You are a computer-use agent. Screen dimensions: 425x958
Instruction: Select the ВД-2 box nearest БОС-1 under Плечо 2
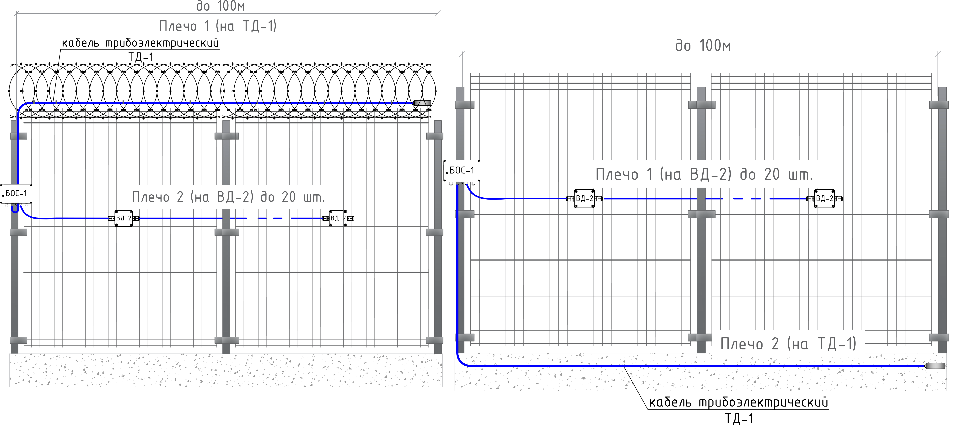coord(124,218)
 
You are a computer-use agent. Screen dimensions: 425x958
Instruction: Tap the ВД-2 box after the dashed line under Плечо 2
coord(338,218)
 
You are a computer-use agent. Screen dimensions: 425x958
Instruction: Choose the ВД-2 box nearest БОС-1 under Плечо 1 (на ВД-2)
coord(584,198)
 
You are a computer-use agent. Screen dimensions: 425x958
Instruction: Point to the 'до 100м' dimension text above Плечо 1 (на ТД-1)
coord(220,6)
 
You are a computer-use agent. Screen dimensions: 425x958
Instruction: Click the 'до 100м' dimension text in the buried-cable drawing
coord(703,46)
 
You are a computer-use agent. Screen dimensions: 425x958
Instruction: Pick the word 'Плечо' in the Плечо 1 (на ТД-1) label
coord(178,26)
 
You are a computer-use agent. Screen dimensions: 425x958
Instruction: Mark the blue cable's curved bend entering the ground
coord(461,361)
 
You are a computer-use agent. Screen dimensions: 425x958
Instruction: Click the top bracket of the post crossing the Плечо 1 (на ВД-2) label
coord(701,105)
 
